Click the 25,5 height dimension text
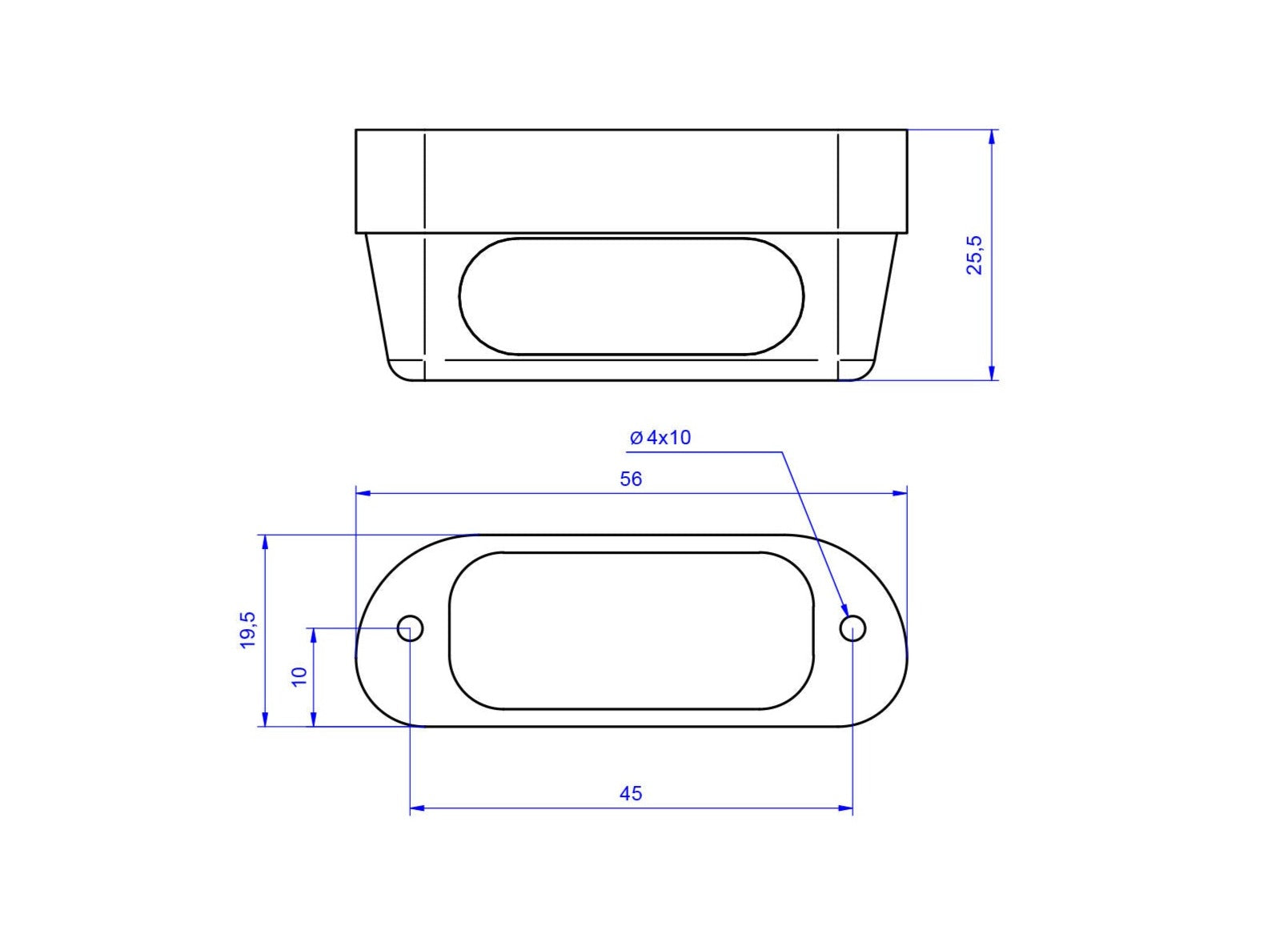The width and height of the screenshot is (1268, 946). (974, 255)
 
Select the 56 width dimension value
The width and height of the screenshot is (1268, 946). (631, 479)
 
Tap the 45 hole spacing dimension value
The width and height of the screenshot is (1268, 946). (631, 793)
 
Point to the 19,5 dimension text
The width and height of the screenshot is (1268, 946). (247, 630)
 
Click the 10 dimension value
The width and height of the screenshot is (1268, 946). (299, 676)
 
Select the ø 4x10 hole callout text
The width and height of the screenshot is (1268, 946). (660, 438)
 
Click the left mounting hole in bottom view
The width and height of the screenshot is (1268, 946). (410, 627)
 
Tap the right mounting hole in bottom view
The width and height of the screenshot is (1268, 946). (853, 627)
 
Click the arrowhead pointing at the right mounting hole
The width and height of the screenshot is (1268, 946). (844, 608)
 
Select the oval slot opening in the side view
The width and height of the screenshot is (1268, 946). (631, 237)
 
